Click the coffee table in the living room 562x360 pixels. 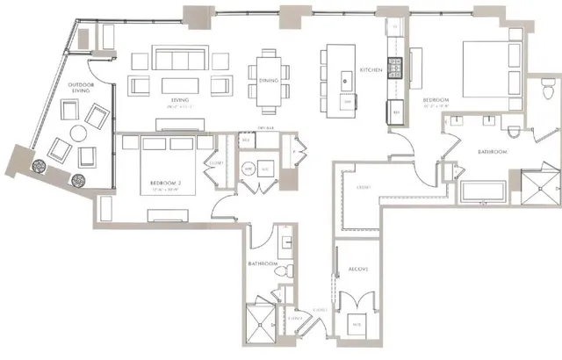click(179, 85)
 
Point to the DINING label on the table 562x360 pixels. click(269, 82)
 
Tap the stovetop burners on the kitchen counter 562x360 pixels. click(396, 66)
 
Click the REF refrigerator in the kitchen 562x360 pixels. click(396, 113)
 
